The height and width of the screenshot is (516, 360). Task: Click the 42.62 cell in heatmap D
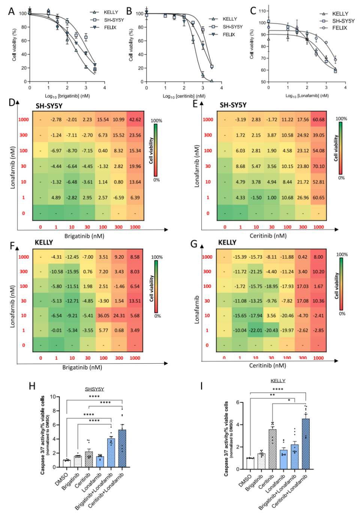(x=135, y=120)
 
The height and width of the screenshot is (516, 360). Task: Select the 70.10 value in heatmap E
(x=318, y=166)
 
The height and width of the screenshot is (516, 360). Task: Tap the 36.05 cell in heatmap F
(x=103, y=315)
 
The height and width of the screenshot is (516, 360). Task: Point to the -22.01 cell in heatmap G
(x=256, y=330)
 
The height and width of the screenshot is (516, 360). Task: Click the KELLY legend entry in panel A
(x=111, y=12)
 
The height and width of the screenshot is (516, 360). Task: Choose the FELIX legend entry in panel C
(x=339, y=28)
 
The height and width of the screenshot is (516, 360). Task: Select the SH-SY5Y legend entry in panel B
(x=232, y=27)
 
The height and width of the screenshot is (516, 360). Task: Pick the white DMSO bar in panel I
(x=250, y=463)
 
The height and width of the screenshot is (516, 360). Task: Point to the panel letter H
(x=32, y=386)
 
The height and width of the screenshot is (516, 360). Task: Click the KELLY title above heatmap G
(x=227, y=242)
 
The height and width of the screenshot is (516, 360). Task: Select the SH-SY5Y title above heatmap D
(x=49, y=106)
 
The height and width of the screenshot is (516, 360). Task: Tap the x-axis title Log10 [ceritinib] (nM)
(x=184, y=96)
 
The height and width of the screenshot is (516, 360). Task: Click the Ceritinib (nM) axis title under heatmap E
(x=268, y=235)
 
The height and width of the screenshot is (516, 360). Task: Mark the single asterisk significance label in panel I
(x=289, y=400)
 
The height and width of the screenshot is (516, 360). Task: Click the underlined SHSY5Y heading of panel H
(x=94, y=389)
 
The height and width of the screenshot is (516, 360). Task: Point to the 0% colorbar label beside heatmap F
(x=157, y=316)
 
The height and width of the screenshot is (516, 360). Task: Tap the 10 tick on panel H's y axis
(x=53, y=397)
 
